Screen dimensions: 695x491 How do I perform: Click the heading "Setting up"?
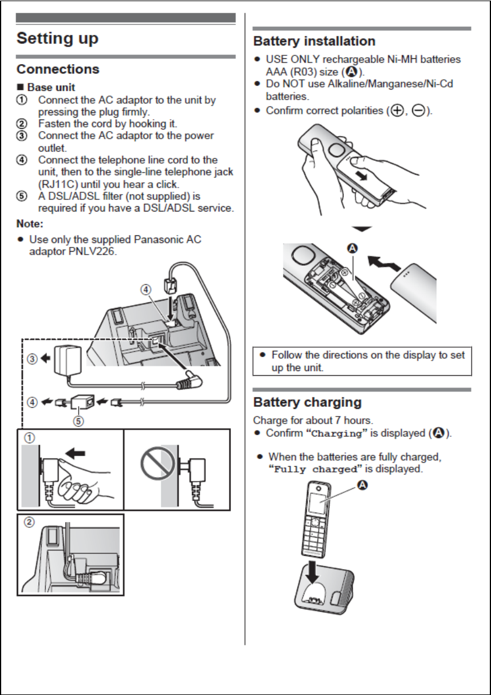click(58, 39)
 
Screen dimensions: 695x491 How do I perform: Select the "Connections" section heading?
click(58, 69)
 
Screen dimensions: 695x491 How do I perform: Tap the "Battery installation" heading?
click(314, 41)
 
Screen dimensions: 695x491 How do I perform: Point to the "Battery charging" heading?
click(307, 402)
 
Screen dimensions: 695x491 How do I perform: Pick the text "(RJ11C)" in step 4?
click(56, 184)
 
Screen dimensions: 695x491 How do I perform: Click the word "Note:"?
click(30, 224)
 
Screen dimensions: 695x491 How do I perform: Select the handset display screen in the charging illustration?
click(318, 505)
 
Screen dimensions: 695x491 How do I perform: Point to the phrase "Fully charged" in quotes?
click(315, 470)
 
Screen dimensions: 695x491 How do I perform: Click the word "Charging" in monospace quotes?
click(337, 433)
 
